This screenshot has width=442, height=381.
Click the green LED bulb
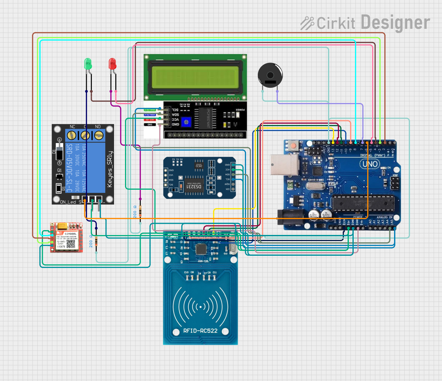[88, 64]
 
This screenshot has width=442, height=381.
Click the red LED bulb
[112, 64]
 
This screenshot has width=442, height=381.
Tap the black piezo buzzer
[270, 75]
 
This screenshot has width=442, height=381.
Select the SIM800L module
[67, 237]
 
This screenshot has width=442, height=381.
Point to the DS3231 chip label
[194, 187]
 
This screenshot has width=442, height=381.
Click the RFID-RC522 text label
[200, 331]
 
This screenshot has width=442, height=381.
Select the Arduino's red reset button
[294, 145]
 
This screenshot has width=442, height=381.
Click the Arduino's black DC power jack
[290, 217]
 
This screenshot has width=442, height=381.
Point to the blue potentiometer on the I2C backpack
[186, 122]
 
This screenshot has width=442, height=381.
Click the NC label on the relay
[72, 127]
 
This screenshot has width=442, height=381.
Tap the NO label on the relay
[98, 127]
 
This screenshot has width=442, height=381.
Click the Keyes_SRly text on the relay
[110, 169]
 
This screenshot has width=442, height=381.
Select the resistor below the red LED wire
[140, 212]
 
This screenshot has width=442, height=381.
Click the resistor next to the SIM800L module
[96, 241]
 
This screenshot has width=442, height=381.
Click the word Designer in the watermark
[395, 23]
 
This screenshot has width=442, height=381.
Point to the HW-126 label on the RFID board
[203, 261]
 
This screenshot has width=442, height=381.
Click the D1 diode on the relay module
[59, 152]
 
